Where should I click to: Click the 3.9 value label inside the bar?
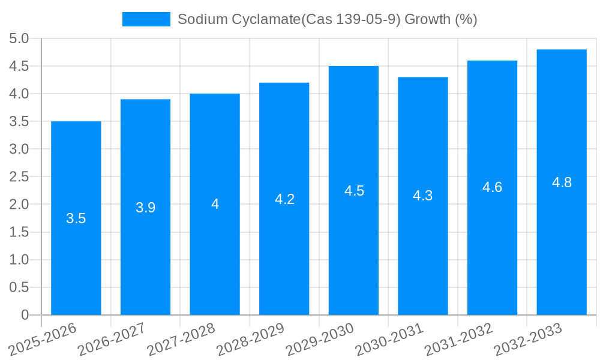pos(145,208)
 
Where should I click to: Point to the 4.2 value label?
pos(284,199)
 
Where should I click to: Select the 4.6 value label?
pos(492,187)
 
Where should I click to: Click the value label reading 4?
pos(215,204)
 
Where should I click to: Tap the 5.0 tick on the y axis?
pos(19,39)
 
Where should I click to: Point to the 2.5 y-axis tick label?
pos(19,177)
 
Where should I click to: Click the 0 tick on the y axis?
pos(25,315)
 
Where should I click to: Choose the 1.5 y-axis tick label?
pos(19,232)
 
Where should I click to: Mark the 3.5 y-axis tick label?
pos(19,122)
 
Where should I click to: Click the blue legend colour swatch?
pos(146,19)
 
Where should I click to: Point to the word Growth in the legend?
pos(427,19)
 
